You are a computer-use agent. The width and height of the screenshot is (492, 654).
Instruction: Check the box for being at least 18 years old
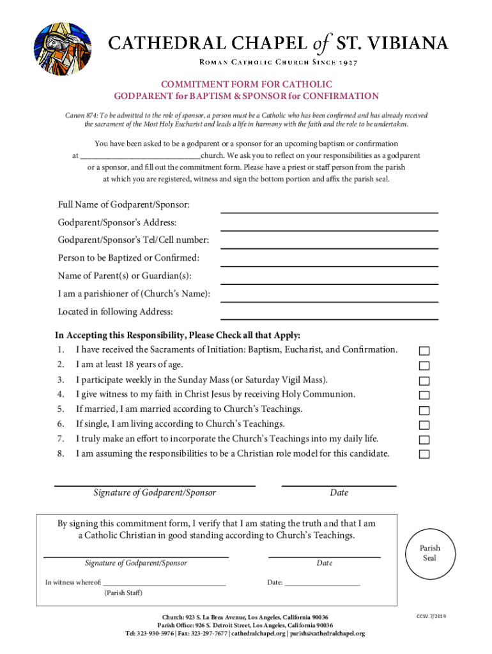point(424,366)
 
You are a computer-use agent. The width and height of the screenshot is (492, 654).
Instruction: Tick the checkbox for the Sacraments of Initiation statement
point(424,351)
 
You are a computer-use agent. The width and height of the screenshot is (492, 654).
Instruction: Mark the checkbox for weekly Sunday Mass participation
point(424,381)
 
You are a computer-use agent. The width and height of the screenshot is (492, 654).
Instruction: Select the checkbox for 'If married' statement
point(424,410)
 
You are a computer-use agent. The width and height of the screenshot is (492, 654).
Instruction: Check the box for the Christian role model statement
point(424,455)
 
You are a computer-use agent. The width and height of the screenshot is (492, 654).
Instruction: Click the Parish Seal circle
point(429,553)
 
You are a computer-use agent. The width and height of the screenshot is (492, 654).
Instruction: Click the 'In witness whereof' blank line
point(164,583)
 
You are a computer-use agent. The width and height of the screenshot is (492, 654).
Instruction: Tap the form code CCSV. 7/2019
point(431,616)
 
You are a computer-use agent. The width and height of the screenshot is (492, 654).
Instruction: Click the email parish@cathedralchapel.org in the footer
point(327,634)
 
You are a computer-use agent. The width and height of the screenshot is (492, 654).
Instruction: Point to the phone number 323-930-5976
point(156,634)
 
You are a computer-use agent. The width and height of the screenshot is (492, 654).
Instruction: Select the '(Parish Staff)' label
point(123,593)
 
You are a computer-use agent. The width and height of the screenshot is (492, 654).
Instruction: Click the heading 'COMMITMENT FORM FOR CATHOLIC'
point(246,84)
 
